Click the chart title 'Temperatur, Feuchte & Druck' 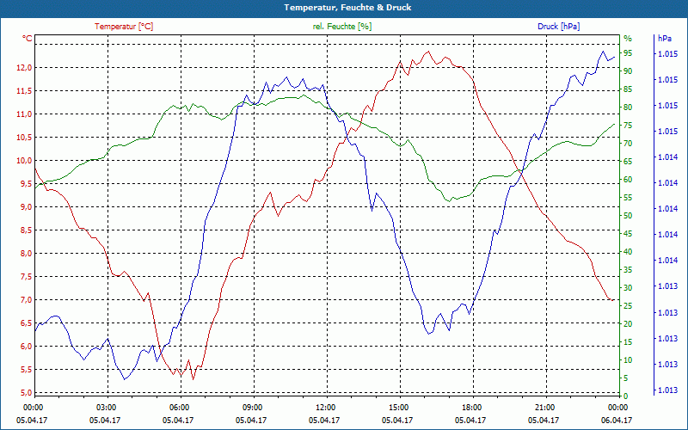click(347, 8)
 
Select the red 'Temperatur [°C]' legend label click(124, 27)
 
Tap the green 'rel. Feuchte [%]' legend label click(341, 27)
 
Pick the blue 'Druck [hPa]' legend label click(558, 27)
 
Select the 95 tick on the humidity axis click(628, 53)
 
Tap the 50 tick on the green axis click(628, 216)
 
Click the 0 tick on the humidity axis click(626, 396)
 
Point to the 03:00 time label click(106, 408)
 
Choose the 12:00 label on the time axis click(326, 408)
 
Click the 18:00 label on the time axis click(472, 408)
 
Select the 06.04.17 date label click(617, 420)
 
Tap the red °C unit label click(27, 39)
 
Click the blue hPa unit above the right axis click(664, 39)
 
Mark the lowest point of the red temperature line click(193, 379)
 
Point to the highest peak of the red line click(428, 52)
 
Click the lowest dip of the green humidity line click(449, 201)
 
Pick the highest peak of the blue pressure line click(603, 51)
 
